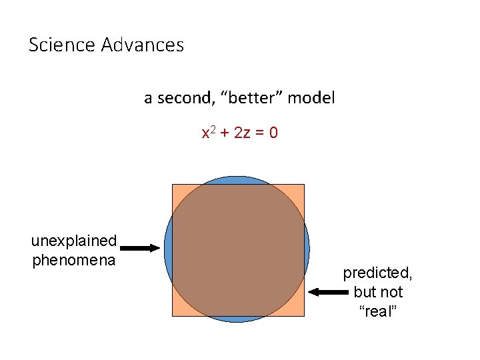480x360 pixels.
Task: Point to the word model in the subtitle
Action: point(313,98)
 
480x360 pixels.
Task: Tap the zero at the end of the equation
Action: point(273,133)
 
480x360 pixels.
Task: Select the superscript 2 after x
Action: point(212,129)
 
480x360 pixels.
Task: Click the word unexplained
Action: point(74,241)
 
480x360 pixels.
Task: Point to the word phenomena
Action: point(74,259)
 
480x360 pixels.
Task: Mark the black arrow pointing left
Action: point(327,292)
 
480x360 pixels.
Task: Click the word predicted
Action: point(377,273)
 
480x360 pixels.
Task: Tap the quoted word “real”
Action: point(378,311)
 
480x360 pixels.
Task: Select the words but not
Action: point(378,292)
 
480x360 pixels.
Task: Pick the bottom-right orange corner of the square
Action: point(298,310)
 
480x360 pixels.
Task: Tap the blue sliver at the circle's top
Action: point(237,180)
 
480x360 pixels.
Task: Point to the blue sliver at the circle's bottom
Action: point(237,319)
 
